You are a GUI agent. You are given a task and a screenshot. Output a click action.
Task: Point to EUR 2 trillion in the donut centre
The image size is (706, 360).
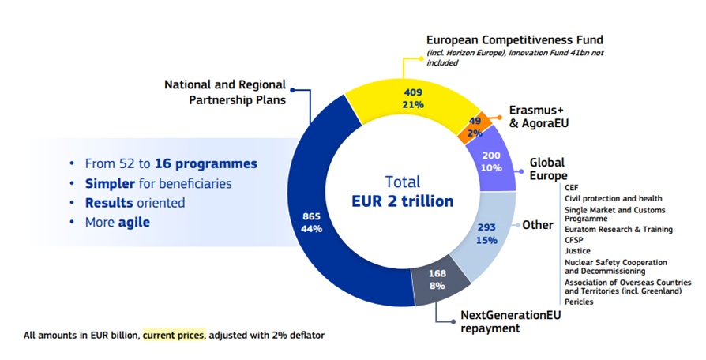tap(402, 201)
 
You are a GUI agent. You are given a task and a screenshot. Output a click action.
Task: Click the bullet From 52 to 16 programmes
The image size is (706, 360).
tap(171, 164)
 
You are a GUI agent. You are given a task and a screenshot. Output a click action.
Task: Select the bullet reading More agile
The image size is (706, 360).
tap(118, 223)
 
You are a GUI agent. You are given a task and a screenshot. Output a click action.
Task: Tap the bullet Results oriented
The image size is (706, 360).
tap(135, 203)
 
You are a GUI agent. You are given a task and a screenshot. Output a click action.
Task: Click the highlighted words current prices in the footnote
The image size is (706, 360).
tap(173, 336)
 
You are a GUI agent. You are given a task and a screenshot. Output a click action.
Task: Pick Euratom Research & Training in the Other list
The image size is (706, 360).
tap(618, 230)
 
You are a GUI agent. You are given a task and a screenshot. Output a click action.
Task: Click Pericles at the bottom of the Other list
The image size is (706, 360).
tap(580, 302)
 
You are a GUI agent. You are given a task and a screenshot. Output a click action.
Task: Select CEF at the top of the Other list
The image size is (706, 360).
tap(572, 187)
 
